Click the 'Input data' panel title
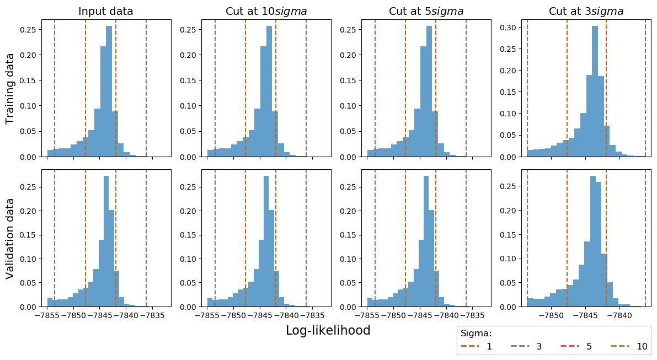[x=106, y=12]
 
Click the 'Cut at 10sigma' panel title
[x=266, y=12]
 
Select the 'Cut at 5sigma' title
[x=426, y=12]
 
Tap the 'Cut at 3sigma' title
[x=586, y=12]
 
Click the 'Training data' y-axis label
[x=10, y=88]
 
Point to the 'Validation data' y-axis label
[x=10, y=238]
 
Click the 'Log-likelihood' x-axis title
[x=328, y=330]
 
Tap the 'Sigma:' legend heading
[x=476, y=334]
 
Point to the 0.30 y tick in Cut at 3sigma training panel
[x=510, y=27]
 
